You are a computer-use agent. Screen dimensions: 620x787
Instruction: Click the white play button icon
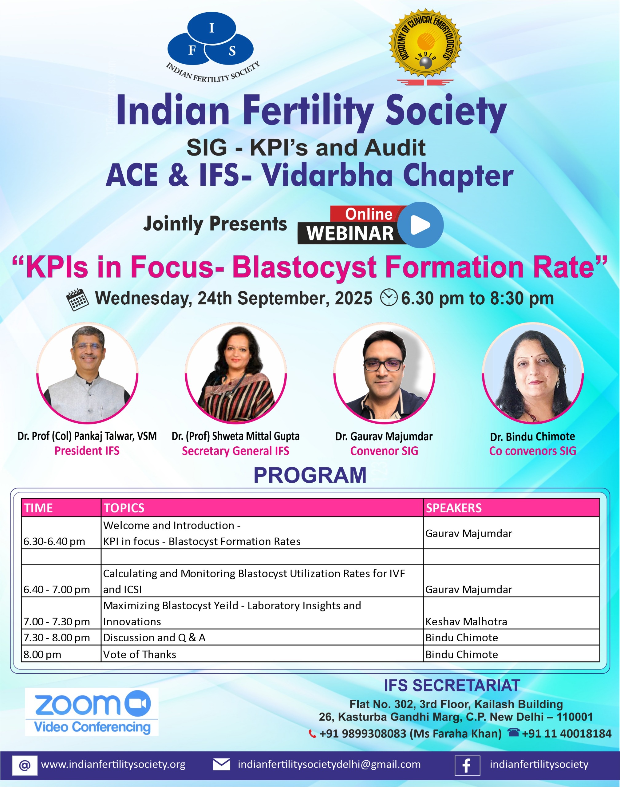tap(420, 225)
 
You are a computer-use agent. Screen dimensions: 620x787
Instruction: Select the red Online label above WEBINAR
tap(369, 214)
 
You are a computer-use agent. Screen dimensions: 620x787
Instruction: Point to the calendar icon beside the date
tap(77, 299)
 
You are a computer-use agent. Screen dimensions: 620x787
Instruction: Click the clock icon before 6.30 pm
tap(389, 297)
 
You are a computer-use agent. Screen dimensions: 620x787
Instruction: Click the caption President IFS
tap(87, 451)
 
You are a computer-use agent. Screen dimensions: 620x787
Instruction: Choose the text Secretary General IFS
tap(235, 451)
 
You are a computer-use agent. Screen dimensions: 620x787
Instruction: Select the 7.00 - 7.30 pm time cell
tap(57, 622)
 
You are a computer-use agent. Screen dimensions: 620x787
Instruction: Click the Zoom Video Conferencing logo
tap(92, 712)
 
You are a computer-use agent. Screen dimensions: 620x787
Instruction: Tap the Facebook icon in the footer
tap(467, 765)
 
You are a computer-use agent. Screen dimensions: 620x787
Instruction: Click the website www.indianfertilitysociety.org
tap(113, 765)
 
